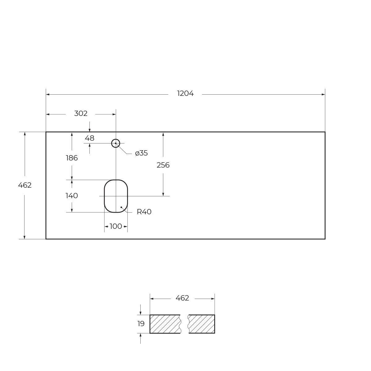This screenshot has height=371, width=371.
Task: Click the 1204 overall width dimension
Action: (185, 93)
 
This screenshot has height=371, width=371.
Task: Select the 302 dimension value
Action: (81, 113)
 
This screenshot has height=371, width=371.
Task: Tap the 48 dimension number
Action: (89, 138)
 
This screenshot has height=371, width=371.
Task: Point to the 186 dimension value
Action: (72, 158)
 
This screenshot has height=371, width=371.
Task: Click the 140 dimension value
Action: (72, 196)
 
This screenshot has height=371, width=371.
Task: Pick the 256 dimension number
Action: (163, 165)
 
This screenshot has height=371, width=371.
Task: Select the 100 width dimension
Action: (116, 226)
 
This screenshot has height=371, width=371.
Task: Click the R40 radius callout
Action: (144, 212)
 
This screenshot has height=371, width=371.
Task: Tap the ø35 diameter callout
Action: (141, 153)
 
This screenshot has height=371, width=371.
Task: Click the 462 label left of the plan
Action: (25, 185)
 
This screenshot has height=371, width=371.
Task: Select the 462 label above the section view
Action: (182, 298)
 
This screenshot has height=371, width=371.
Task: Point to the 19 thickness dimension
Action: (141, 324)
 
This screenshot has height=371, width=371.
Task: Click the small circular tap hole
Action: (116, 143)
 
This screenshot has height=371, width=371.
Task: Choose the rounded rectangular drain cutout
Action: (116, 196)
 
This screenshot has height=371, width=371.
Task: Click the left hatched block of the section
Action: (165, 324)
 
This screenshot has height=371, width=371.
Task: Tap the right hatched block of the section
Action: (202, 324)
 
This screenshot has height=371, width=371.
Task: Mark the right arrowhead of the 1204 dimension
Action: (323, 94)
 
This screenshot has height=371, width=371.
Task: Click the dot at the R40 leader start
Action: (121, 207)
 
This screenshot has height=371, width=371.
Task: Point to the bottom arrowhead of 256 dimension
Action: (163, 194)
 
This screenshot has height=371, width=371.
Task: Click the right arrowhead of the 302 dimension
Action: (114, 114)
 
